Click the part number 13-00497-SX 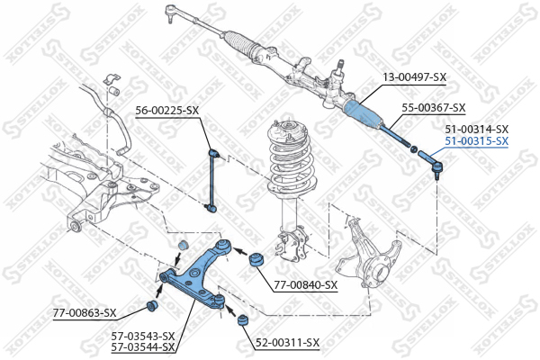[x=415, y=77]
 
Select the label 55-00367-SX [x=434, y=108]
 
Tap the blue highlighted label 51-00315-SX [x=477, y=141]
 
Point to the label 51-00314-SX [x=477, y=130]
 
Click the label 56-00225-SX [x=167, y=111]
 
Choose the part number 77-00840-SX [x=306, y=285]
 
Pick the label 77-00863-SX [x=85, y=313]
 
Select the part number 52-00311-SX [x=288, y=342]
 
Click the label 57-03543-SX [x=143, y=336]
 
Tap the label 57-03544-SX [x=143, y=346]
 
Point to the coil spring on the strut [x=292, y=162]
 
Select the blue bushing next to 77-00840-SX [x=256, y=260]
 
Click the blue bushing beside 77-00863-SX [x=152, y=306]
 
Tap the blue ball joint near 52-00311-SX [x=243, y=320]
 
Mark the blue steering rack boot [x=364, y=112]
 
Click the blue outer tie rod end [x=430, y=163]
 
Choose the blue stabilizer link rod [x=212, y=179]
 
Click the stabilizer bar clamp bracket [x=112, y=78]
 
